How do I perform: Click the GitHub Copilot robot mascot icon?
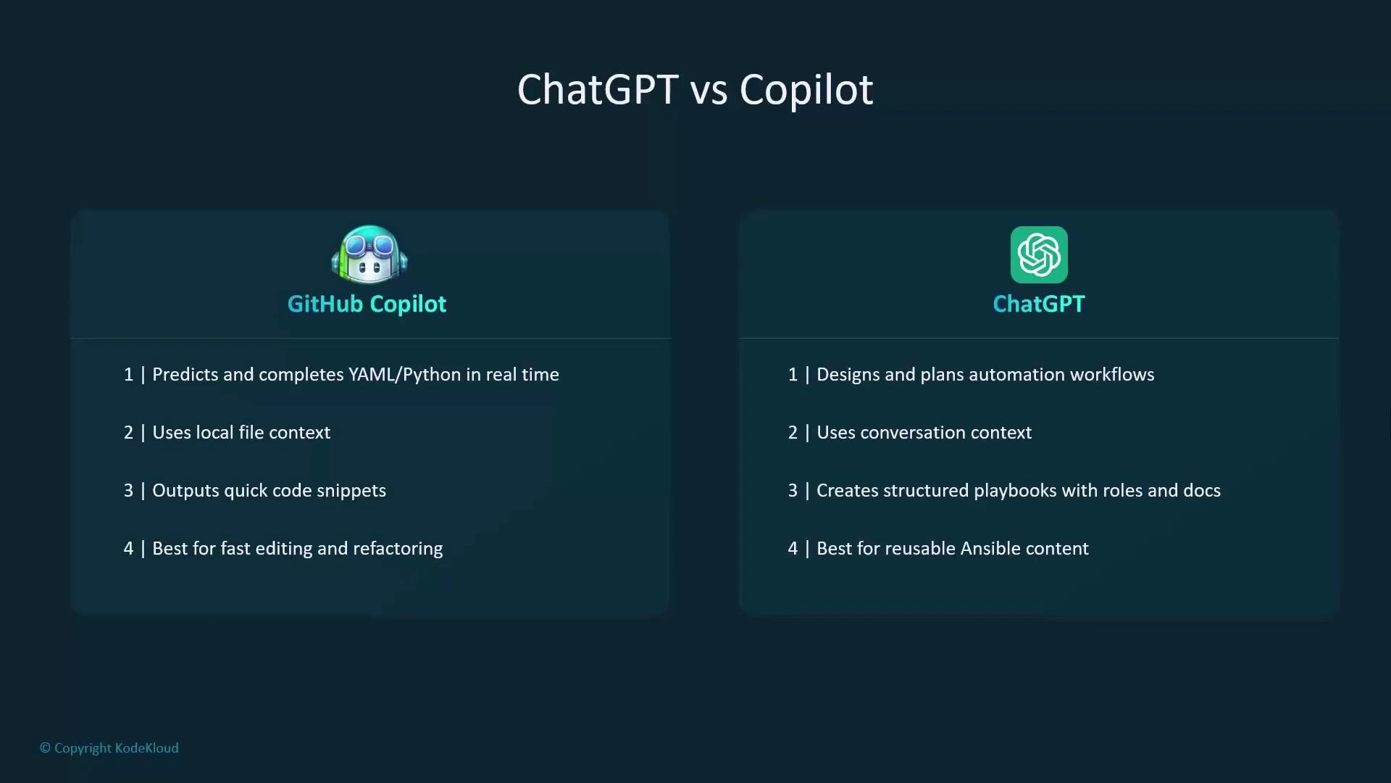point(369,254)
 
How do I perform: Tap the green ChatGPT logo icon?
point(1039,254)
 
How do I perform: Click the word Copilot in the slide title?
point(806,90)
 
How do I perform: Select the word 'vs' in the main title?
point(709,91)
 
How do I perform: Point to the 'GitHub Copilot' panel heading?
point(367,304)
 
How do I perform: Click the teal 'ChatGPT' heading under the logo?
point(1039,304)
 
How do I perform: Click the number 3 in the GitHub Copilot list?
point(128,491)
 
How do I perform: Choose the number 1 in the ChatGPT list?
point(793,375)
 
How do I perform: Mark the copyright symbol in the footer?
point(45,748)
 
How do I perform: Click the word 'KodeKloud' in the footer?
point(147,748)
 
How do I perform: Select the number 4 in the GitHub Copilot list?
point(128,549)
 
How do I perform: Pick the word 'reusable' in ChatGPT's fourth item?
point(920,549)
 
